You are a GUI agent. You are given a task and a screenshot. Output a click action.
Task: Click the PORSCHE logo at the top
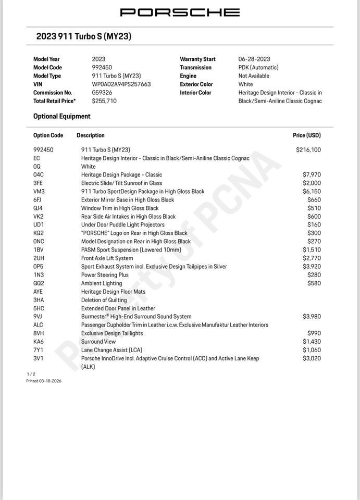pyautogui.click(x=180, y=12)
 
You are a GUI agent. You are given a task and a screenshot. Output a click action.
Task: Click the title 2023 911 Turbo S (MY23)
pyautogui.click(x=83, y=36)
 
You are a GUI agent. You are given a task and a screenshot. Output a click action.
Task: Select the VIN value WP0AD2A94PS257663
pyautogui.click(x=121, y=84)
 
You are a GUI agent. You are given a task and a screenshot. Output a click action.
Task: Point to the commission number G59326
pyautogui.click(x=102, y=93)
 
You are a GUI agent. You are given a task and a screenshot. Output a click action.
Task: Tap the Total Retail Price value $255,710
pyautogui.click(x=104, y=101)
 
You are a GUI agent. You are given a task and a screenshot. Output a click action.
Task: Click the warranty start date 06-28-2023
pyautogui.click(x=254, y=59)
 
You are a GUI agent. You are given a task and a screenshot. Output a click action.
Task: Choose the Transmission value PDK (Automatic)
pyautogui.click(x=258, y=68)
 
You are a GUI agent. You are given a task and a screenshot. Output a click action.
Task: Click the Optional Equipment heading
pyautogui.click(x=61, y=117)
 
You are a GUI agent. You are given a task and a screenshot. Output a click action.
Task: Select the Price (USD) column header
pyautogui.click(x=307, y=135)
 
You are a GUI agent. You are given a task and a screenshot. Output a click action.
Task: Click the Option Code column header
pyautogui.click(x=48, y=135)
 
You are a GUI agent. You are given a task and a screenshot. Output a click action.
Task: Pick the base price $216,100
pyautogui.click(x=308, y=150)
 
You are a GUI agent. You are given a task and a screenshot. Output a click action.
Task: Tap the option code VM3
pyautogui.click(x=39, y=192)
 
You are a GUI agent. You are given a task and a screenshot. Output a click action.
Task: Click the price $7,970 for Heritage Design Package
pyautogui.click(x=312, y=175)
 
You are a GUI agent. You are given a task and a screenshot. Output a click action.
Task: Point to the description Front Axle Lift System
pyautogui.click(x=107, y=258)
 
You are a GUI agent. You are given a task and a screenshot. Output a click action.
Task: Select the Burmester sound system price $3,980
pyautogui.click(x=312, y=317)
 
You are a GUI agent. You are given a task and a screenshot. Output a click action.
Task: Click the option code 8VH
pyautogui.click(x=39, y=333)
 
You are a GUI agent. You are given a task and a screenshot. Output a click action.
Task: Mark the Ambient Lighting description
pyautogui.click(x=102, y=283)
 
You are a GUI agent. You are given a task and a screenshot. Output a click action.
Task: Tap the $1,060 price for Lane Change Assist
pyautogui.click(x=312, y=350)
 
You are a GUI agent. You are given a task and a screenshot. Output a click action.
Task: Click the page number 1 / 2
pyautogui.click(x=31, y=374)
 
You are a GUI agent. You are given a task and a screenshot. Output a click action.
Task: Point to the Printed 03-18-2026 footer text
pyautogui.click(x=44, y=381)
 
